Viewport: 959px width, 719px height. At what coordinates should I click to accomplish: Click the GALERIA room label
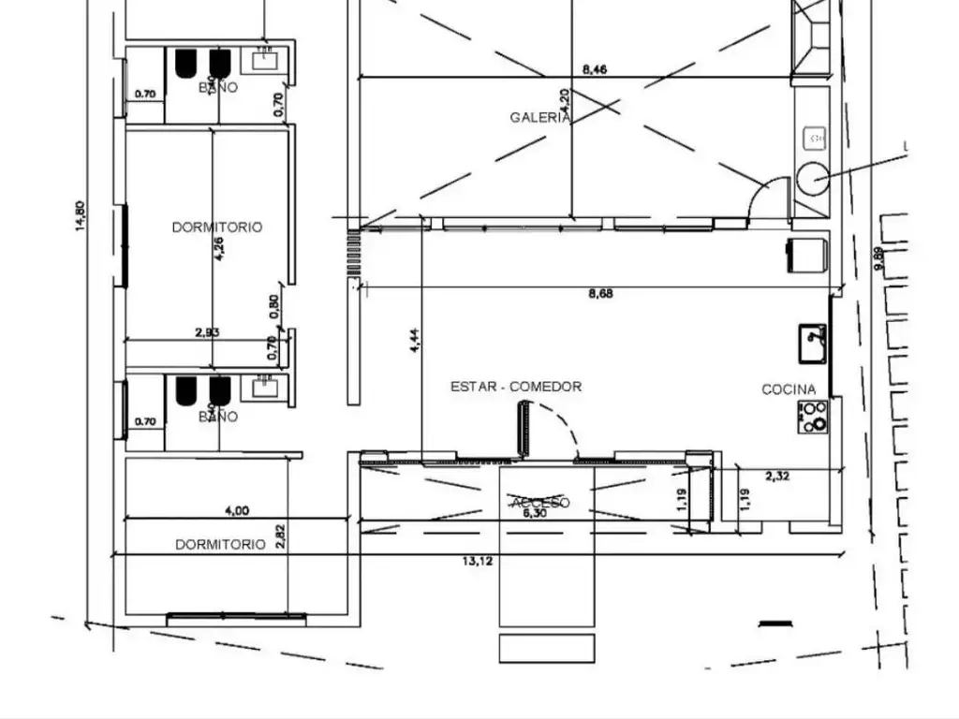pyautogui.click(x=539, y=117)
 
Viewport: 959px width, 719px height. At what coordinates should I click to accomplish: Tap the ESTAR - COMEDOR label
pyautogui.click(x=516, y=386)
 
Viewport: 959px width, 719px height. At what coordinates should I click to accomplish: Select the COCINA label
pyautogui.click(x=788, y=389)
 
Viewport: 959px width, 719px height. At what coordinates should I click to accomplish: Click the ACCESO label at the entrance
pyautogui.click(x=539, y=503)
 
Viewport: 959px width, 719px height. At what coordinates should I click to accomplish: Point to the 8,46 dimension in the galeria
pyautogui.click(x=595, y=68)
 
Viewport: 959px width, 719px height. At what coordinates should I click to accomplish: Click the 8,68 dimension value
pyautogui.click(x=600, y=293)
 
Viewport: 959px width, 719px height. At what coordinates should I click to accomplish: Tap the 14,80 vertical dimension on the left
pyautogui.click(x=81, y=216)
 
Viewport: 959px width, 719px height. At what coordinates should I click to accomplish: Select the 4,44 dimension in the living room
pyautogui.click(x=415, y=341)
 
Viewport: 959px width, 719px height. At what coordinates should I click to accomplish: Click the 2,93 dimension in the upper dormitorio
pyautogui.click(x=207, y=331)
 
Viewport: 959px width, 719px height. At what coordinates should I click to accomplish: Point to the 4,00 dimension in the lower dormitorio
pyautogui.click(x=237, y=510)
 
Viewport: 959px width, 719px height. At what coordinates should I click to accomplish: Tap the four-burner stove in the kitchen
pyautogui.click(x=813, y=417)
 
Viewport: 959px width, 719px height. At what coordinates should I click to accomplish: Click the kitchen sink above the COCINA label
pyautogui.click(x=812, y=343)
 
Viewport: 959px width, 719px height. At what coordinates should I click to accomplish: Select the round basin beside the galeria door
pyautogui.click(x=812, y=177)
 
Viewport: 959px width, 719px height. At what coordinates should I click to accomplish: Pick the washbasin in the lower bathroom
pyautogui.click(x=267, y=388)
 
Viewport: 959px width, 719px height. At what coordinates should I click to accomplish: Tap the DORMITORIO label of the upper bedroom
pyautogui.click(x=217, y=227)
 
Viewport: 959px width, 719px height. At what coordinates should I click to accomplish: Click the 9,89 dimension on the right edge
pyautogui.click(x=878, y=258)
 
